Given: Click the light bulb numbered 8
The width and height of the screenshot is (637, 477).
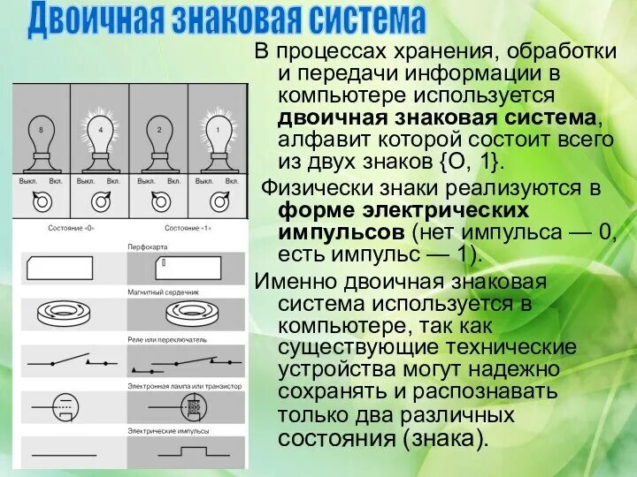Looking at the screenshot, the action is click(40, 136).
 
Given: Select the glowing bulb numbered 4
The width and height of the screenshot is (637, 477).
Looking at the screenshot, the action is click(99, 136).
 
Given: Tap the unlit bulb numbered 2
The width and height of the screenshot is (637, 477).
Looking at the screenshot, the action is click(159, 136).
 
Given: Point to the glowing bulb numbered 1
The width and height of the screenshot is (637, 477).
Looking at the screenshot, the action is click(218, 136).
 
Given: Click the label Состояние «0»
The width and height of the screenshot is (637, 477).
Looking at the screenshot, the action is click(70, 228).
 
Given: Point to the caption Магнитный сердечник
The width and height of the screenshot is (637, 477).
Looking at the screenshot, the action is click(164, 291).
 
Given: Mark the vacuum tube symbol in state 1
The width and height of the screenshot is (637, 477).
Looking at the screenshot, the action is click(189, 406).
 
